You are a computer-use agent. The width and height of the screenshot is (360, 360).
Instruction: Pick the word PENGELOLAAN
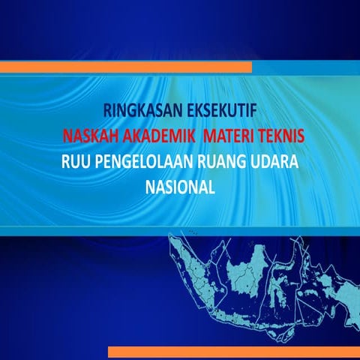146,162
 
